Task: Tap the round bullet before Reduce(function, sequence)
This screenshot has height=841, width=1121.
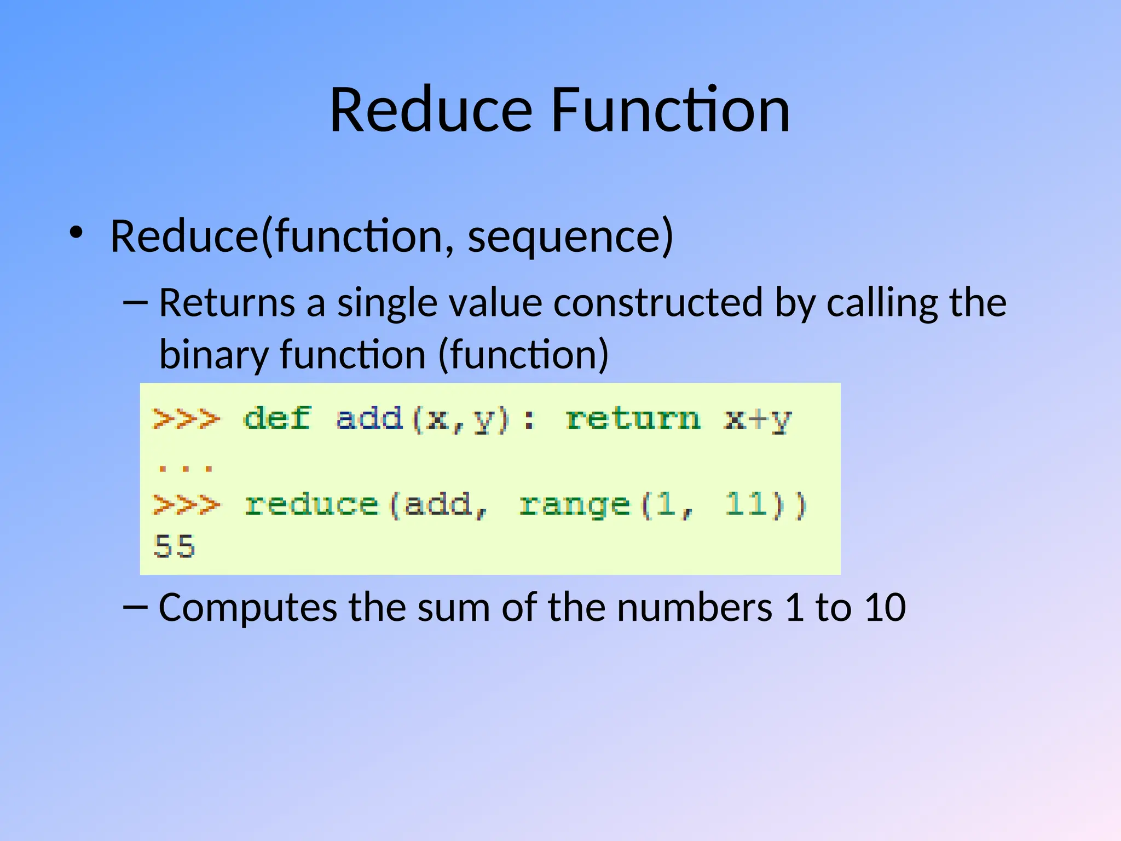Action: coord(76,233)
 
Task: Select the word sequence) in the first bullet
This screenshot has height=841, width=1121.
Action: coord(570,237)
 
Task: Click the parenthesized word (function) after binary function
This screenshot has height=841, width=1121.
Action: coord(523,355)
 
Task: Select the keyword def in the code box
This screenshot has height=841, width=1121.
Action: coord(277,419)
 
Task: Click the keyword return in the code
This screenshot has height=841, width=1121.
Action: coord(633,419)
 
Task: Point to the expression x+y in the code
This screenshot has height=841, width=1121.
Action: coord(757,420)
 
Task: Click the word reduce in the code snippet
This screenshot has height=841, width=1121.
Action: coord(311,504)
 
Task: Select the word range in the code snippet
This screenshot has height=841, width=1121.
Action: coord(574,505)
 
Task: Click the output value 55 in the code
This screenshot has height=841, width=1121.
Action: coord(175,546)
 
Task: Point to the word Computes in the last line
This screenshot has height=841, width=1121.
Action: coord(248,607)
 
